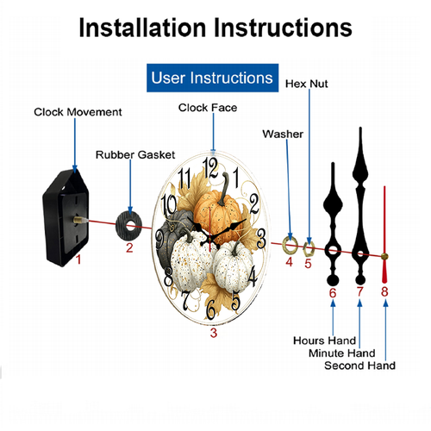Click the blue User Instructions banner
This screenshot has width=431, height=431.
coord(212,78)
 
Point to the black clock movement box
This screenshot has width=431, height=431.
coord(66,217)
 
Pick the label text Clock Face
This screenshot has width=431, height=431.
coord(208,108)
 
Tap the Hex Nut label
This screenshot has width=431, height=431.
coord(306,84)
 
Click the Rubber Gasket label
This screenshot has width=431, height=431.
coord(135,155)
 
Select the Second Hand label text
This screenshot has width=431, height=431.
coord(359,365)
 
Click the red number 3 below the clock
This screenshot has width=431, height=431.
coord(214,333)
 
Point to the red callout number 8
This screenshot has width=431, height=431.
coord(384,291)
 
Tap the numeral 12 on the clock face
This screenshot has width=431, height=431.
coord(210,168)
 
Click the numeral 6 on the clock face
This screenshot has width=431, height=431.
coord(211,309)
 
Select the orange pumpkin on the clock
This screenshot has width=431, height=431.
coord(218,213)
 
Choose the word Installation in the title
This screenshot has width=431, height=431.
coord(142,28)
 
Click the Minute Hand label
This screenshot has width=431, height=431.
coord(342,353)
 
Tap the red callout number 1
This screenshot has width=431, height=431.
coord(78,259)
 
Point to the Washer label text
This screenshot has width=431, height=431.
coord(283,134)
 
